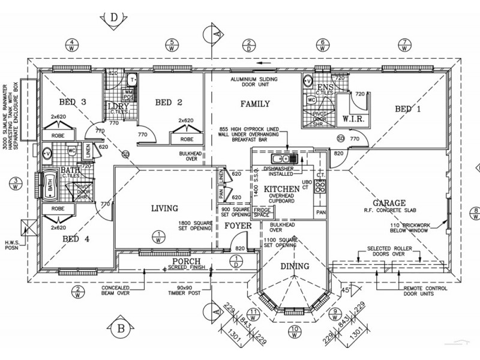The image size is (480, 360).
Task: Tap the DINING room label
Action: click(x=295, y=266)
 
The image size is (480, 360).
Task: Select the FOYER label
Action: click(x=238, y=227)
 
